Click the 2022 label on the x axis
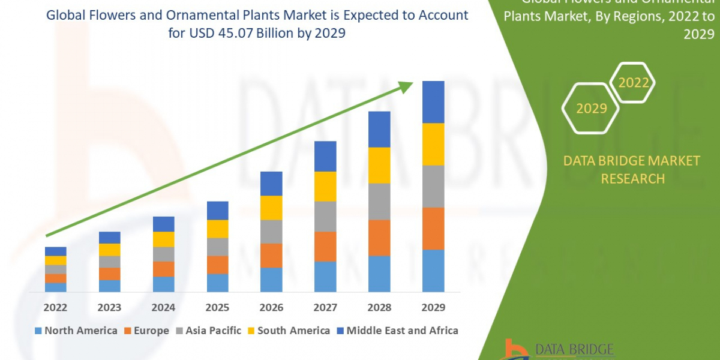tap(55, 308)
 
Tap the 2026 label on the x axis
tap(271, 308)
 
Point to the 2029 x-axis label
tap(433, 308)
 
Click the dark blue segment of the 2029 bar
tap(433, 102)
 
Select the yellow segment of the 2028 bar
tap(379, 165)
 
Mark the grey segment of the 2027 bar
tap(325, 216)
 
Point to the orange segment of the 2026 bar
tap(271, 256)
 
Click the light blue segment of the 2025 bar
tap(217, 283)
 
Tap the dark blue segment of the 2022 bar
tap(55, 251)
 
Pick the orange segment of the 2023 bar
tap(109, 274)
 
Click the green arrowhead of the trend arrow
tap(407, 86)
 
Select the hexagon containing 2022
tap(634, 83)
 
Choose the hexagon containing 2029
tap(591, 109)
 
